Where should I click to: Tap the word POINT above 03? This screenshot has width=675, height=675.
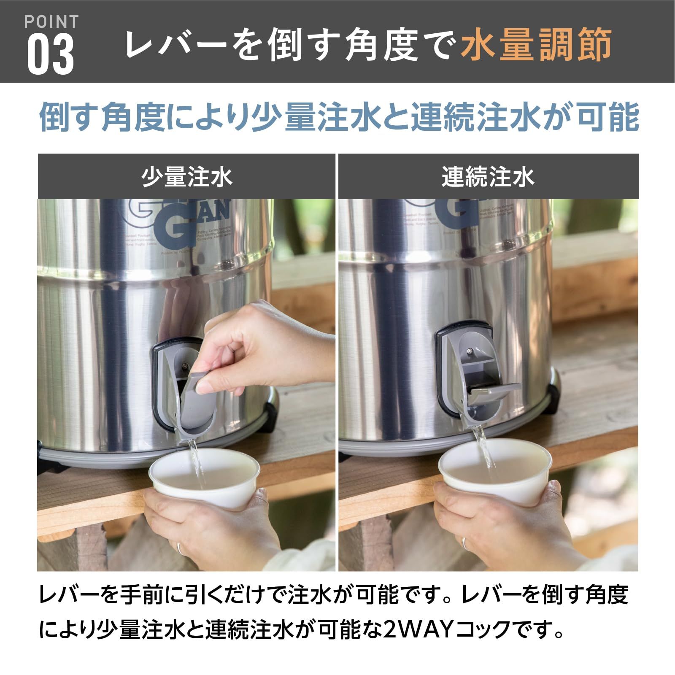[x=51, y=22]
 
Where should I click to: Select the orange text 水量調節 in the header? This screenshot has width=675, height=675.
[x=536, y=44]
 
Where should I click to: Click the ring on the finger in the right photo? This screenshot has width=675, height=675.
[x=464, y=543]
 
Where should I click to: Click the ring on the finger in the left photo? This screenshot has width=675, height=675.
[x=179, y=548]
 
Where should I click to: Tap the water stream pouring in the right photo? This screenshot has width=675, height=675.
[x=485, y=447]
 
